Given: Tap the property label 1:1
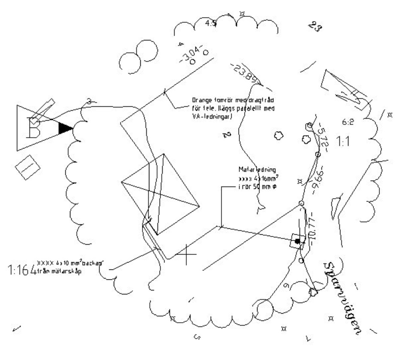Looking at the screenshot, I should tap(342, 141).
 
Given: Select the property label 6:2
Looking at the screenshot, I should tap(348, 122).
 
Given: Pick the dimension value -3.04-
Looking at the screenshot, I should tap(191, 54).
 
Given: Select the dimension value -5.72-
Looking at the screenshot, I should tap(323, 134).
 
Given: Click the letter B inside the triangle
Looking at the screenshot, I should tap(33, 127).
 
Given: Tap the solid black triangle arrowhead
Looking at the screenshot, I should tap(65, 128).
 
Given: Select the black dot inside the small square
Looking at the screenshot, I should tap(297, 241).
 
